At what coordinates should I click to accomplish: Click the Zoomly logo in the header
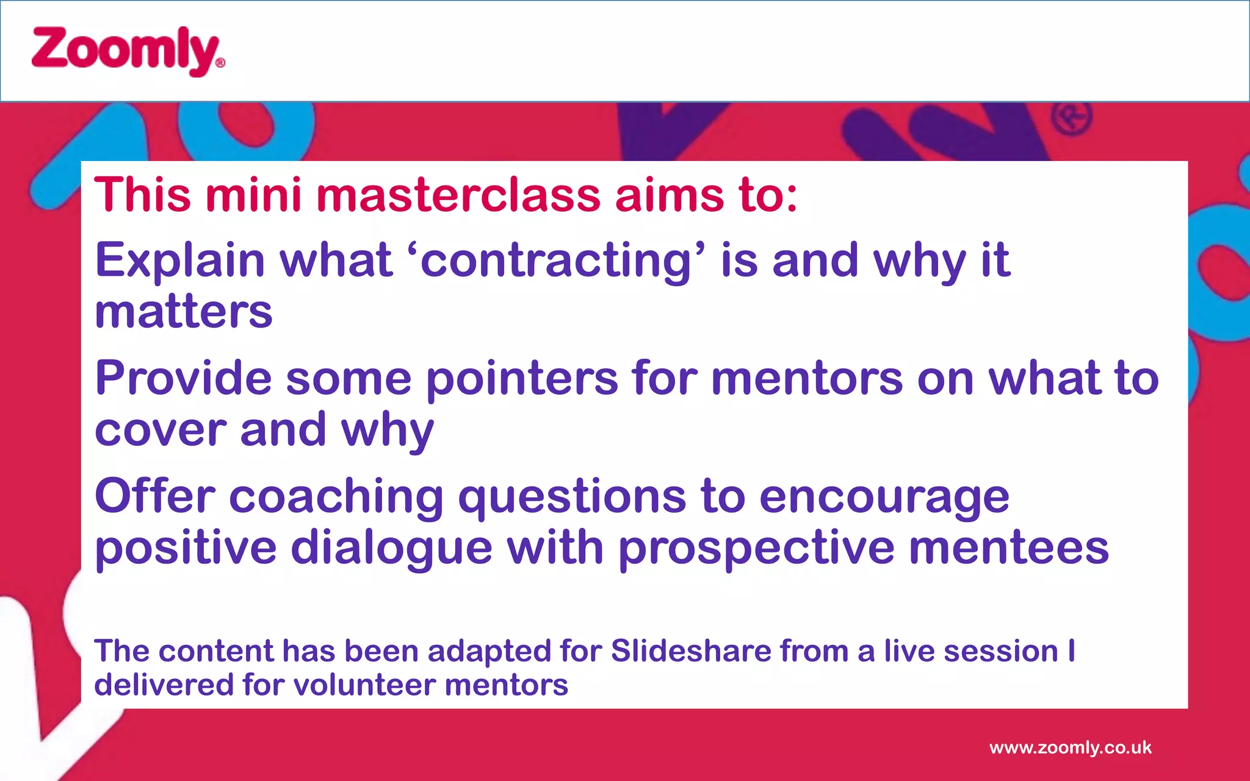pyautogui.click(x=125, y=51)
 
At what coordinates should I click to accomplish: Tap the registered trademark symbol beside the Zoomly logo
pyautogui.click(x=220, y=62)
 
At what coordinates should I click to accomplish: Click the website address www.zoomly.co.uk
pyautogui.click(x=1070, y=747)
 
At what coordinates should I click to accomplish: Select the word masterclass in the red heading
pyautogui.click(x=458, y=196)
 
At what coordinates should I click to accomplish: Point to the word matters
pyautogui.click(x=183, y=312)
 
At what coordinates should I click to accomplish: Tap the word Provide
pyautogui.click(x=183, y=378)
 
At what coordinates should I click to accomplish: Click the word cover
pyautogui.click(x=161, y=430)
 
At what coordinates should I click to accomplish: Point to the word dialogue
pyautogui.click(x=391, y=549)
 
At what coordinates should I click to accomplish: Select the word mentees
pyautogui.click(x=1008, y=547)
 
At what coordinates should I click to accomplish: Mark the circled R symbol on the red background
pyautogui.click(x=1071, y=118)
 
